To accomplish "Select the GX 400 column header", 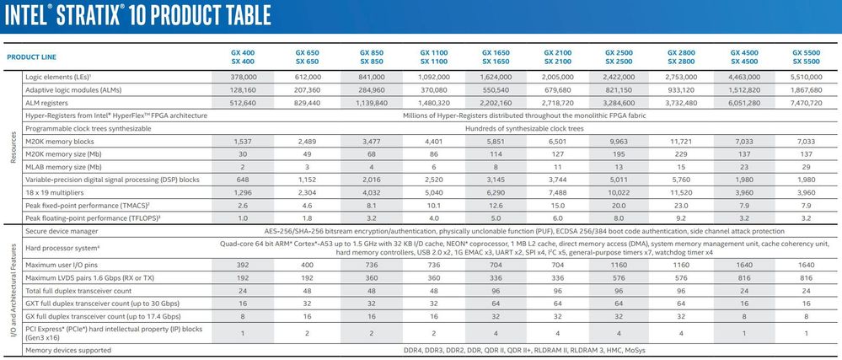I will (x=243, y=51).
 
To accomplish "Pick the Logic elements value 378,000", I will (x=243, y=75).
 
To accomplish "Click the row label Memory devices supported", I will (x=70, y=348).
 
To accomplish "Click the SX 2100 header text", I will (x=557, y=62).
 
